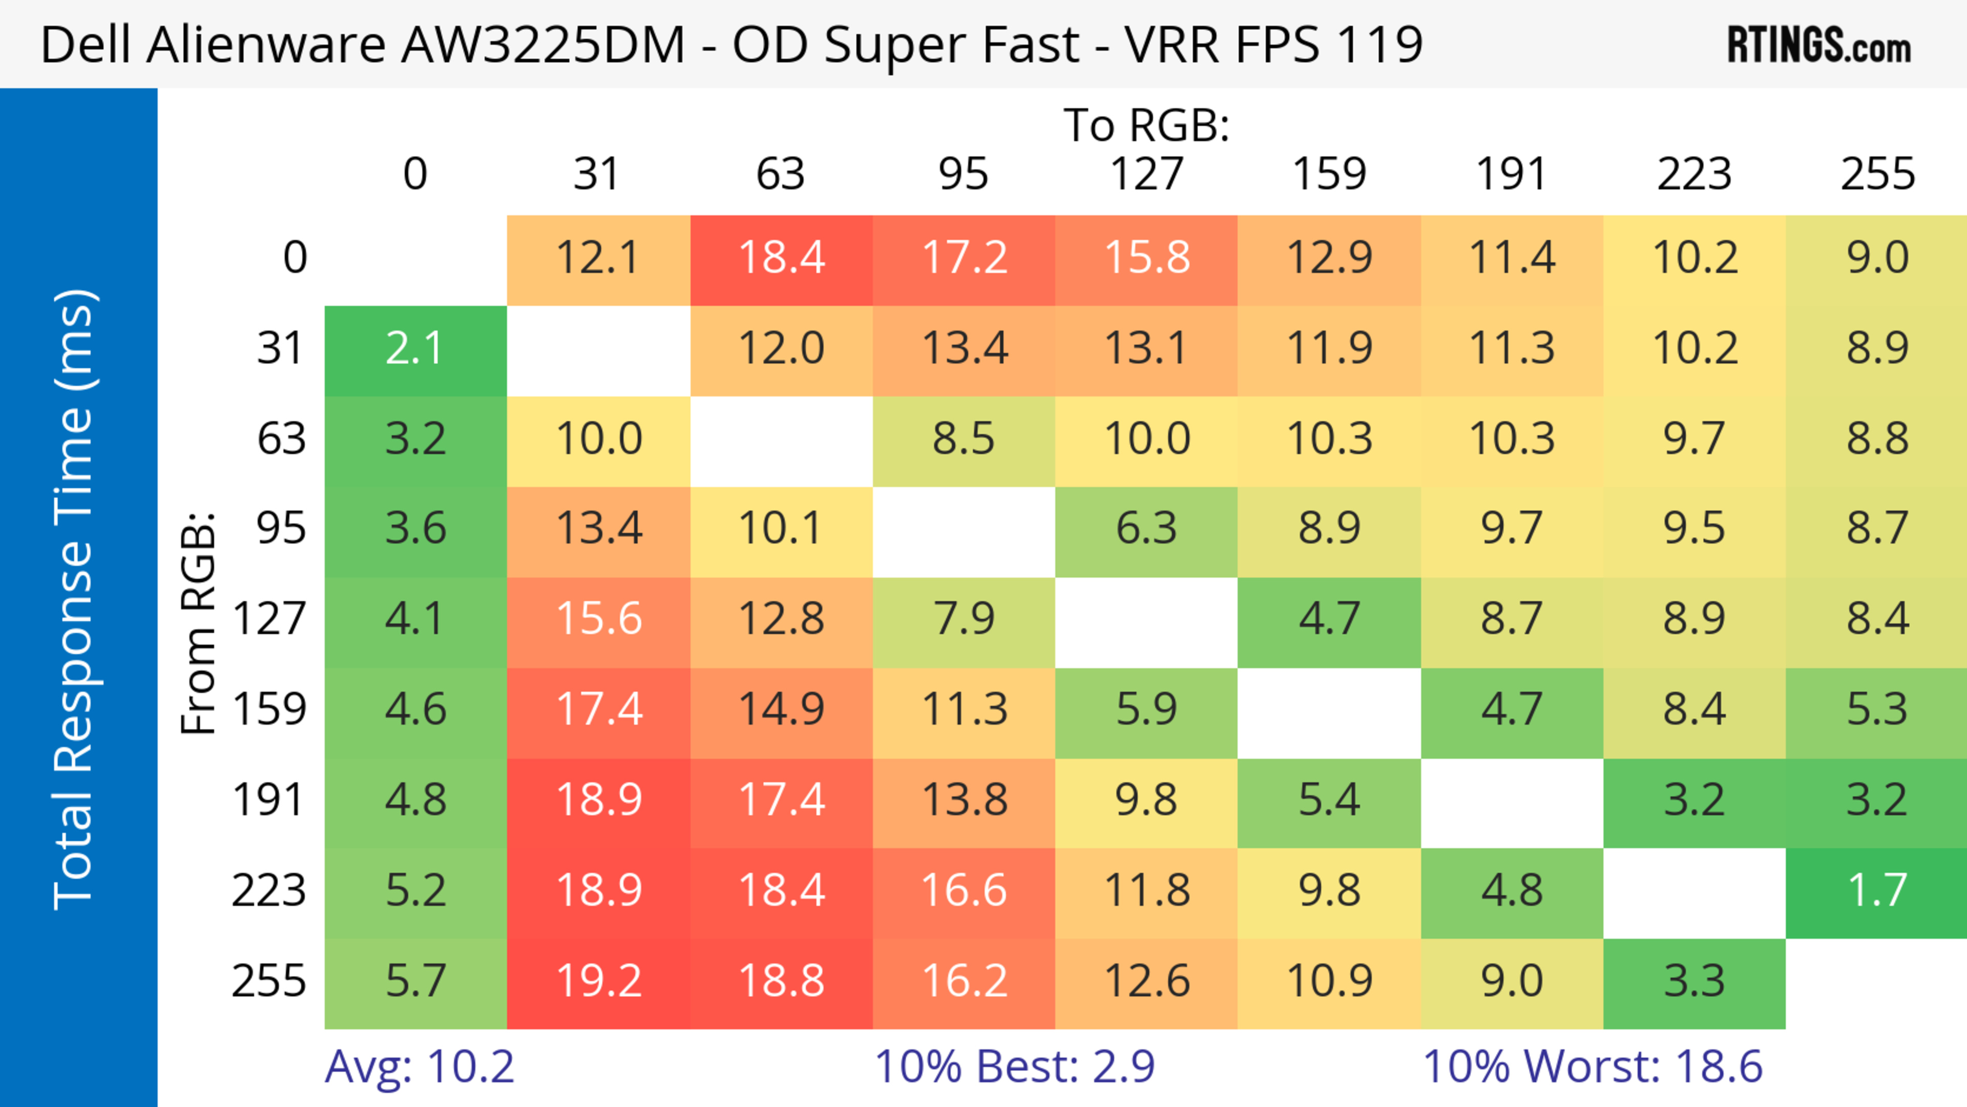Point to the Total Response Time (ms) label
point(75,599)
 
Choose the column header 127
point(1146,174)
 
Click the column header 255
point(1877,174)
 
